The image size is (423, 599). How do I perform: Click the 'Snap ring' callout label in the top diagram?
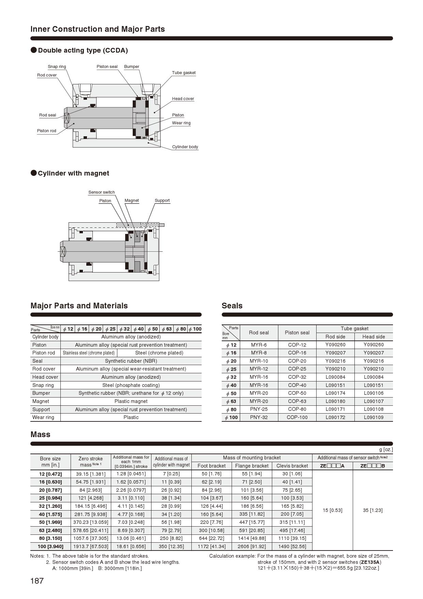tap(57, 67)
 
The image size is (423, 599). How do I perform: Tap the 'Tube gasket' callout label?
tap(184, 73)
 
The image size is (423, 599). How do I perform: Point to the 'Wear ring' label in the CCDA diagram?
tap(181, 123)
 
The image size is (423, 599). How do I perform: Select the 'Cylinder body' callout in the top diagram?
tap(185, 147)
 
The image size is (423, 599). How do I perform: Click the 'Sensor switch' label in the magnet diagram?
tap(101, 192)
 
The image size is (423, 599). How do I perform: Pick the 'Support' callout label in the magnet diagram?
tap(162, 200)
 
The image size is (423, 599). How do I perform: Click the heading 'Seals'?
tap(232, 306)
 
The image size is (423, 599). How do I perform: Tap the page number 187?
tap(37, 581)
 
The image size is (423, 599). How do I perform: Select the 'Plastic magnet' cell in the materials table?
tap(131, 401)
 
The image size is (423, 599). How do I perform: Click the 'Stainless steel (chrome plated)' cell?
tap(89, 353)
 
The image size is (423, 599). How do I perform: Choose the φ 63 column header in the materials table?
tap(166, 329)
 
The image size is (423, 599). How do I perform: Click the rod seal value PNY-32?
tap(259, 417)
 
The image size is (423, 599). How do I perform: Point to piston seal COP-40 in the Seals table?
tap(297, 385)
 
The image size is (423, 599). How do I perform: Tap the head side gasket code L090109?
tap(374, 417)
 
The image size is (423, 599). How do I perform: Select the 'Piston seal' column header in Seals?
tap(297, 333)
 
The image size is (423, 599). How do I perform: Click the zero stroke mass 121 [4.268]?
tap(91, 498)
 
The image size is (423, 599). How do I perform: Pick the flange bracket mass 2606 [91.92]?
tap(252, 546)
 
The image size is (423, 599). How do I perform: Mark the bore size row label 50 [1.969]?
tap(50, 522)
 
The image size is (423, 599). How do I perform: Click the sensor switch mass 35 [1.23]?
tap(373, 510)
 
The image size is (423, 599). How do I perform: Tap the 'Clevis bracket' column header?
tap(292, 466)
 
